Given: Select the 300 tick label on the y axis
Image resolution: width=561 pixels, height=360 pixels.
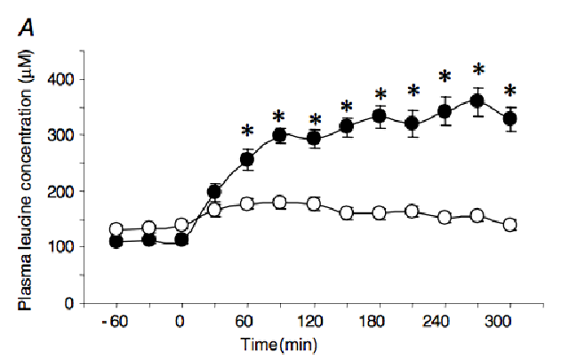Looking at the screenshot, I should click(62, 135).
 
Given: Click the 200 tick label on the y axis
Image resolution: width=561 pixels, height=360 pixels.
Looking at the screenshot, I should click(62, 191).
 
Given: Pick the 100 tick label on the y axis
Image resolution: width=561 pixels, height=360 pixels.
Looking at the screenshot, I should click(62, 247).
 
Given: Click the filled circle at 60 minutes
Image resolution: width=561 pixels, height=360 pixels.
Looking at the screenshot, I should click(247, 160).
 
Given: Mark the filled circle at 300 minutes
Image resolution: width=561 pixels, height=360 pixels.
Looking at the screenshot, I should click(510, 119).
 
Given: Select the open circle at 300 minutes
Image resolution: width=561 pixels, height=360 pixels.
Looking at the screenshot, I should click(510, 225).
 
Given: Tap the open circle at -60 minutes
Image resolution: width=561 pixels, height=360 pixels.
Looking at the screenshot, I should click(116, 229).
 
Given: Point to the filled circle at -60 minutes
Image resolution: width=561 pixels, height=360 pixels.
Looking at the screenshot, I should click(116, 242).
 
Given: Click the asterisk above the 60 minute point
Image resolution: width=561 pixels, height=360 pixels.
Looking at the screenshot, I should click(247, 132).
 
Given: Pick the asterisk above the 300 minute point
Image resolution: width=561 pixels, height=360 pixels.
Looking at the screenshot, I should click(510, 92).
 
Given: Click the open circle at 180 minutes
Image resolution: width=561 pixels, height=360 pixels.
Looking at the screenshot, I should click(379, 213).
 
